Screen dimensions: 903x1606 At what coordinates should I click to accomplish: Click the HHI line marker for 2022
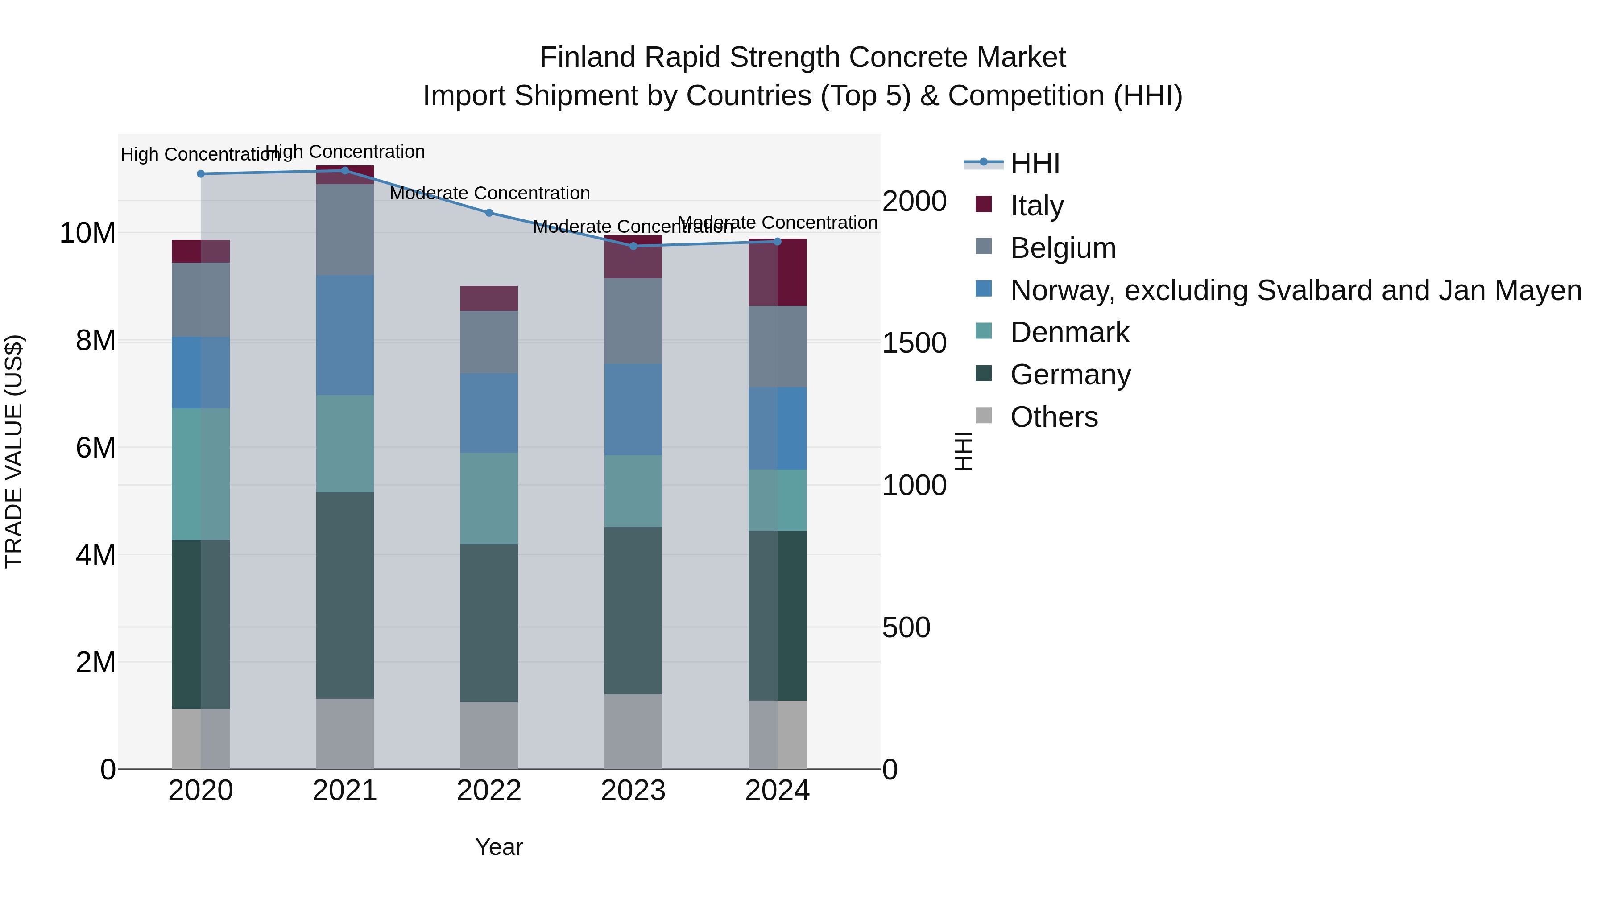pos(489,213)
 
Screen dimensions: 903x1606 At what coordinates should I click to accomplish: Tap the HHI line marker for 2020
pos(201,174)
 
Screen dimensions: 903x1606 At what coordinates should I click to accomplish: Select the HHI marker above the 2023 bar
pos(633,246)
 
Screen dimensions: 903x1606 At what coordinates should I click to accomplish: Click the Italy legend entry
pos(1036,205)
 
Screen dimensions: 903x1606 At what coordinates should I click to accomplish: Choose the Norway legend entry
pos(1295,290)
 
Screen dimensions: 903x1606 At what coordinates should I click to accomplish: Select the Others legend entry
pos(1054,417)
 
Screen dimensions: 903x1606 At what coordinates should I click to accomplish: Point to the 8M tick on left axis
pos(95,341)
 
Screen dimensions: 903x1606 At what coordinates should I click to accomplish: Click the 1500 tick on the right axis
pos(914,343)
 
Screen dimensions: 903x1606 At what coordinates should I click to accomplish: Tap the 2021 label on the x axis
pos(345,791)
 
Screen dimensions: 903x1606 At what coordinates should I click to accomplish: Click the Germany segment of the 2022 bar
pos(489,623)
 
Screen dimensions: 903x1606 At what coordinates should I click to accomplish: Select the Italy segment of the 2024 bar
pos(778,272)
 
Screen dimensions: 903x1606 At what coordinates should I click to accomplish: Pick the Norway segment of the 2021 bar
pos(345,335)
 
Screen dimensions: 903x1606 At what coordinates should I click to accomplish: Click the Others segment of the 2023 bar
pos(633,732)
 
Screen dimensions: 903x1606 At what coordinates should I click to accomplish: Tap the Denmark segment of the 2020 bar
pos(201,474)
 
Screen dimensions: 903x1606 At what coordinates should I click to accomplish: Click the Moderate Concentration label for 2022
pos(489,193)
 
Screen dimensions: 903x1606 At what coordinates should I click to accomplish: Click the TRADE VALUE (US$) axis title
pos(14,451)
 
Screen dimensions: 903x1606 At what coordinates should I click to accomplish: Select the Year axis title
pos(499,847)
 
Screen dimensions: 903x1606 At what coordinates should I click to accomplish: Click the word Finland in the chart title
pos(588,58)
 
